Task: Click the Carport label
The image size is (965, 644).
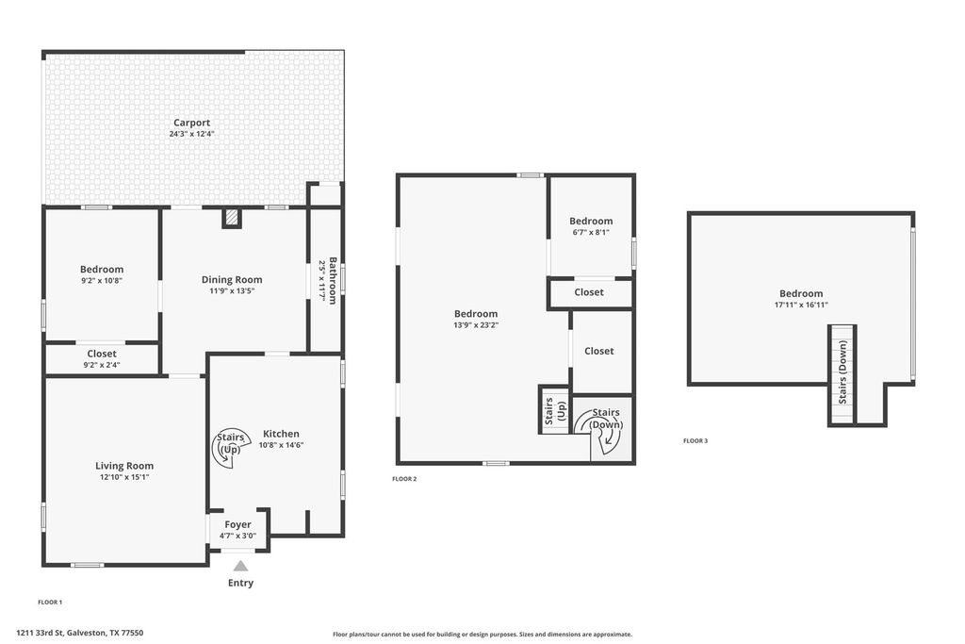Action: [191, 123]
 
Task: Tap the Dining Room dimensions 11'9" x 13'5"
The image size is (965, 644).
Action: [232, 291]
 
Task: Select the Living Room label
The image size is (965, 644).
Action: [124, 466]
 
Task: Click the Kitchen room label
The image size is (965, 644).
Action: [281, 434]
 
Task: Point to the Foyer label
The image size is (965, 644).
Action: [237, 524]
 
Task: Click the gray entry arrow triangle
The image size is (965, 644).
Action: [240, 566]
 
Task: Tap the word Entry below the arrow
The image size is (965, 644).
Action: [240, 583]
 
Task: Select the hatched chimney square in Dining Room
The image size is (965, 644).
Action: [232, 217]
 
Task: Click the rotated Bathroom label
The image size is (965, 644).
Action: [333, 281]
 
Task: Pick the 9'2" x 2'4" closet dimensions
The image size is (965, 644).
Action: [102, 365]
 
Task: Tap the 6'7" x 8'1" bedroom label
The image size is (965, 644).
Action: [591, 233]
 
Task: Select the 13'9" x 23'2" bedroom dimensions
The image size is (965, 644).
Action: [476, 325]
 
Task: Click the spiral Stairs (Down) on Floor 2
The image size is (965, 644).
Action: [600, 428]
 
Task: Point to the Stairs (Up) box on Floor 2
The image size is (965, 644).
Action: [555, 410]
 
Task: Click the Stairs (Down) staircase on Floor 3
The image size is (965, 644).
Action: [842, 373]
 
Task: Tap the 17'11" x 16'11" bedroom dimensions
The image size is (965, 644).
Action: [801, 305]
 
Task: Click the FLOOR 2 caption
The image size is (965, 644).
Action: [404, 479]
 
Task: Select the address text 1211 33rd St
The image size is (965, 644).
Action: [40, 633]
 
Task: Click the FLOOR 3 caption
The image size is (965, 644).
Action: [695, 441]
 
